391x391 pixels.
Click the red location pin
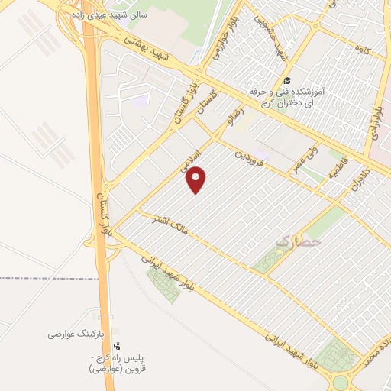click(x=197, y=179)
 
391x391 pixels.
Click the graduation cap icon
click(x=286, y=81)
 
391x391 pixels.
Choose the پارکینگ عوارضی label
click(x=71, y=334)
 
